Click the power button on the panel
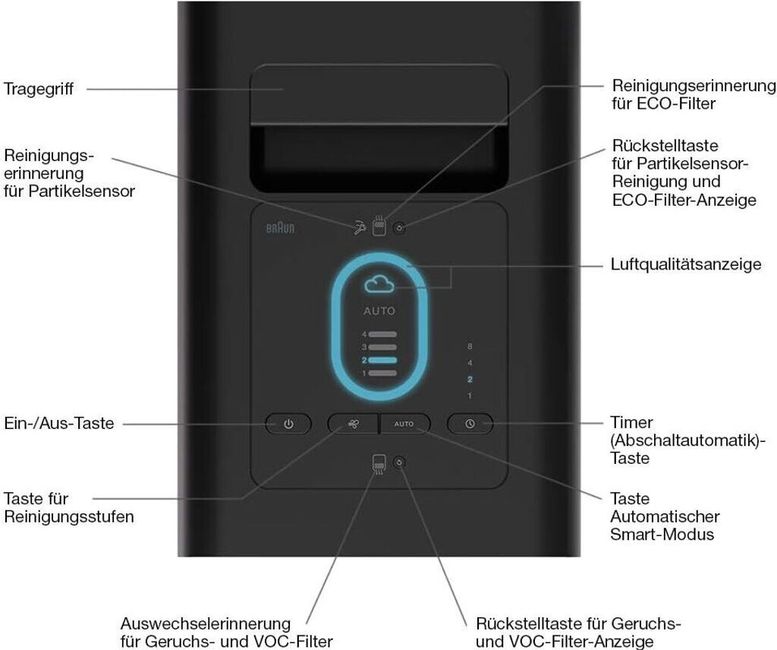[288, 424]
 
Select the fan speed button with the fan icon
[354, 424]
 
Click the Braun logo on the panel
[280, 228]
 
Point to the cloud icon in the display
[379, 285]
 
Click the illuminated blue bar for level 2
[382, 360]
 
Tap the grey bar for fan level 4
[382, 334]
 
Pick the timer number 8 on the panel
[470, 346]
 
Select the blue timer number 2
[470, 379]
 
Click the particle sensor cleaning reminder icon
[360, 228]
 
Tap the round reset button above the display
[399, 228]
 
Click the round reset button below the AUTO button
[399, 462]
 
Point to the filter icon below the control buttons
[379, 464]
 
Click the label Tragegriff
[38, 90]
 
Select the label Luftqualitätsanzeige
[686, 263]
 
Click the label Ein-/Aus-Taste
[59, 424]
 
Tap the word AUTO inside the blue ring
[379, 311]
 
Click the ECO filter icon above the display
[379, 226]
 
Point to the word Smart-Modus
[662, 534]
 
